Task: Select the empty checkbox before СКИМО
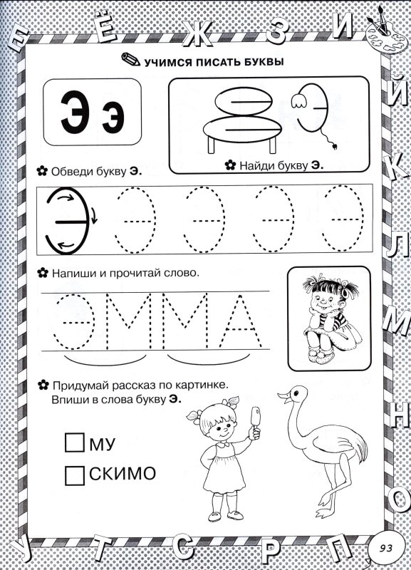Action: click(74, 474)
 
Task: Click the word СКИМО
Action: click(124, 474)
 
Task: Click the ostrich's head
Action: click(290, 392)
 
